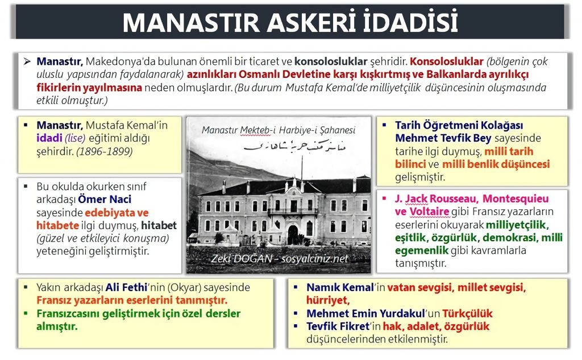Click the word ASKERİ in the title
(313, 22)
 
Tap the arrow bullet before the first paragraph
(27, 61)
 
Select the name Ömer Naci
(105, 199)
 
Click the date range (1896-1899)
(105, 151)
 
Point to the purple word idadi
(49, 138)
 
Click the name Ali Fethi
(127, 287)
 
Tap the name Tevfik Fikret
(338, 326)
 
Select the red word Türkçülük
(467, 313)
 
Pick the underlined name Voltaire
(429, 212)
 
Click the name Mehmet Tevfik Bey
(443, 138)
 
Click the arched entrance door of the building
(293, 234)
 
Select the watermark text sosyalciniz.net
(314, 259)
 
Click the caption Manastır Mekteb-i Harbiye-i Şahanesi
(278, 130)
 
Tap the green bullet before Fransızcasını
(26, 313)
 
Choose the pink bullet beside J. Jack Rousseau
(384, 198)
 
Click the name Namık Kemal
(340, 287)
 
